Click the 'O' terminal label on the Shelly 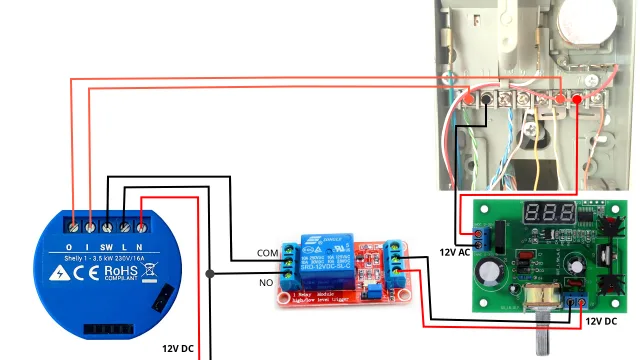coord(69,246)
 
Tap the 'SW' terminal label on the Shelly coord(105,246)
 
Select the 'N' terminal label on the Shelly coord(142,246)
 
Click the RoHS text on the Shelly coord(120,269)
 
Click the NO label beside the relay coord(266,283)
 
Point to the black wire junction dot coord(209,273)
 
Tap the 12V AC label coord(456,251)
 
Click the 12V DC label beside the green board coord(601,321)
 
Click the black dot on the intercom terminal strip coord(486,99)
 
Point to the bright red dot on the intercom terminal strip coord(577,99)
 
